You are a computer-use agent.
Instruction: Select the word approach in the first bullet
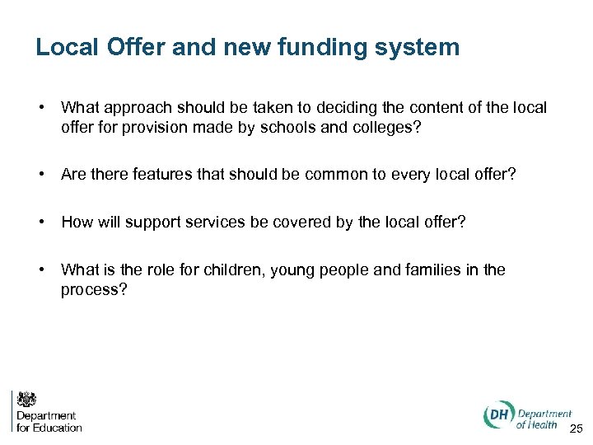coord(133,108)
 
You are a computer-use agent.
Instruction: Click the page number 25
coord(576,427)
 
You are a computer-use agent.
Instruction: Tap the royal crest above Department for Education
coord(27,400)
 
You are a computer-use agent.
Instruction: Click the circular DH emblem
coord(497,416)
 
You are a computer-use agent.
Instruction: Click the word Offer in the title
coord(135,47)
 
